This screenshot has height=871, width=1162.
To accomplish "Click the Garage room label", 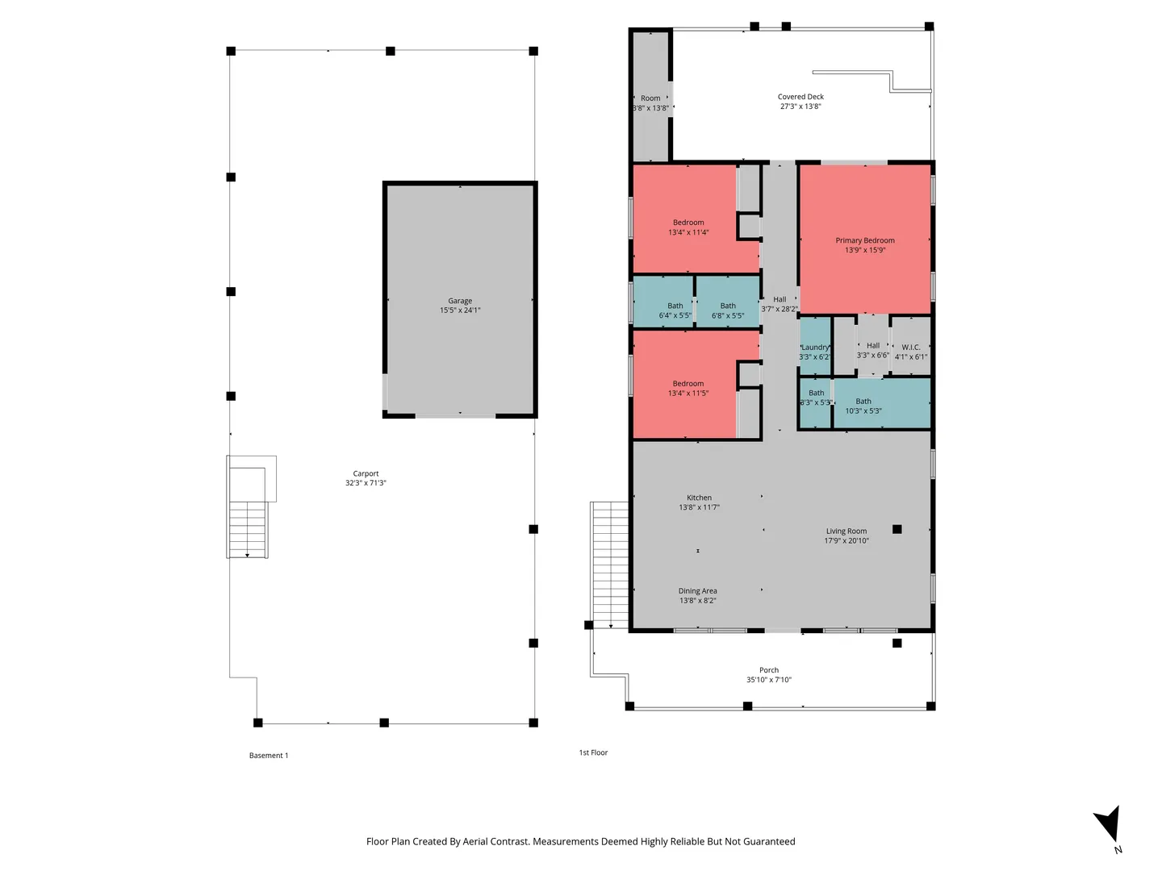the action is click(x=459, y=300).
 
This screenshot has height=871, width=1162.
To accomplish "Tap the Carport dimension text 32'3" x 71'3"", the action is click(x=366, y=483).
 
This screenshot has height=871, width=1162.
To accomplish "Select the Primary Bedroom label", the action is click(x=864, y=240).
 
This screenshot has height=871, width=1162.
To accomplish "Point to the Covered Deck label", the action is click(x=800, y=96).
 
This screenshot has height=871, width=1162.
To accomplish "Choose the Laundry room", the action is click(x=814, y=347).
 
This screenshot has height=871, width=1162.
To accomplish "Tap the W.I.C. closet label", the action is click(x=910, y=347).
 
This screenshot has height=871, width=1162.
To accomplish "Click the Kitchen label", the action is click(x=699, y=498).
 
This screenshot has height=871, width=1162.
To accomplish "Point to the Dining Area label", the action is click(x=697, y=590).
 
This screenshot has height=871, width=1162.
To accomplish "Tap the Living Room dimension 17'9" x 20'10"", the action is click(x=846, y=540).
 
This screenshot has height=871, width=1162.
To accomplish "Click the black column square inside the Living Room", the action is click(x=897, y=529).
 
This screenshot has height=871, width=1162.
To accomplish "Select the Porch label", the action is click(x=769, y=670).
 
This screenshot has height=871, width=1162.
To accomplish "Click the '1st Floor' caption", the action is click(x=593, y=752).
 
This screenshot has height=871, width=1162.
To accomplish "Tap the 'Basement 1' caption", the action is click(x=269, y=755).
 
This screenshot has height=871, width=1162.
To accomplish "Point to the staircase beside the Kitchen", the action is click(x=610, y=565).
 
